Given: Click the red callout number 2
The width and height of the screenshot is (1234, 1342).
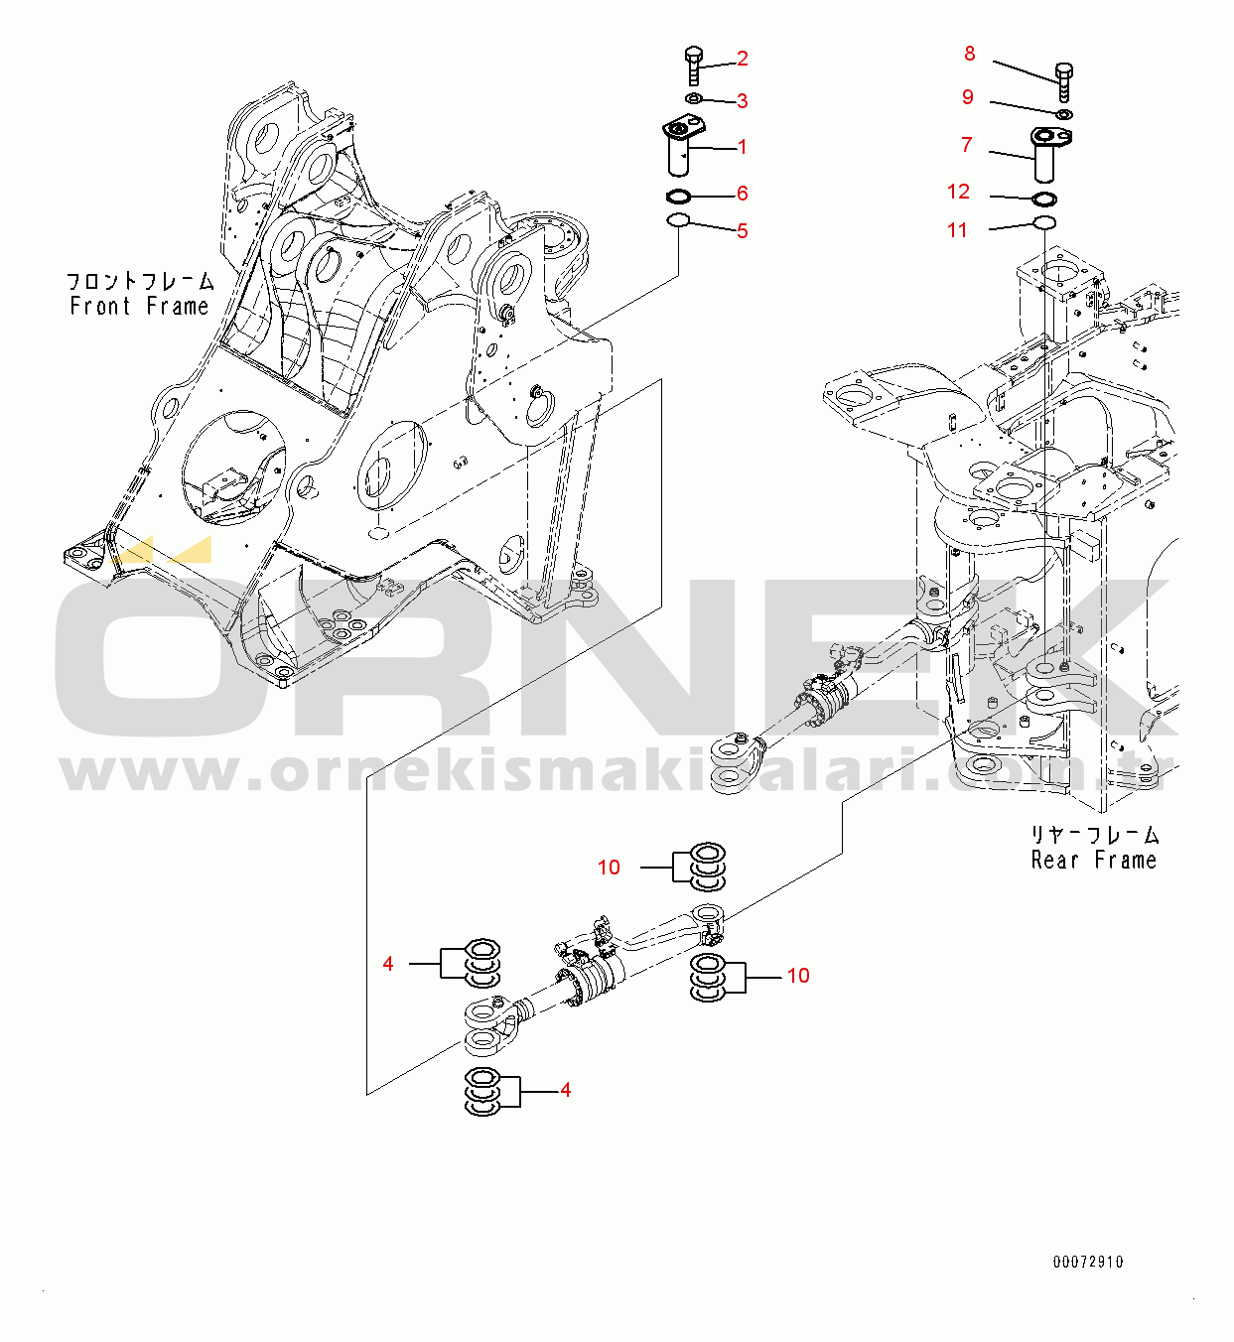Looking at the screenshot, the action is click(743, 59).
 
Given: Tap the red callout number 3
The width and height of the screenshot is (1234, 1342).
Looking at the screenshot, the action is click(743, 101).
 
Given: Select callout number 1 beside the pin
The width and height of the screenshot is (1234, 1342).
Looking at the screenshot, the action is click(743, 147).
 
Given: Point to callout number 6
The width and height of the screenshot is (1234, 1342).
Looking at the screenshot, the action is click(743, 194).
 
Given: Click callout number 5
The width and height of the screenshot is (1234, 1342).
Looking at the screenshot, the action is click(743, 231).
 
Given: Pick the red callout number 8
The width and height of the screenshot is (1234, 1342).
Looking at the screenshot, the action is click(970, 54).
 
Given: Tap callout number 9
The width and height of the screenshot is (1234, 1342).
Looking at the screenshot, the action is click(968, 97).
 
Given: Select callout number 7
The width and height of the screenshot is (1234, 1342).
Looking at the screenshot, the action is click(966, 145).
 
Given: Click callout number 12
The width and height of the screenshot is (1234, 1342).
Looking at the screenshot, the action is click(958, 192).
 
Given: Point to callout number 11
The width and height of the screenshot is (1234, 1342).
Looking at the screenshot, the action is click(957, 230).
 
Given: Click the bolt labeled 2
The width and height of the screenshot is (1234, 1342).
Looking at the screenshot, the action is click(694, 66).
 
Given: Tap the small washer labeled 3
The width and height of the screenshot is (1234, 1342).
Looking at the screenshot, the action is click(693, 99).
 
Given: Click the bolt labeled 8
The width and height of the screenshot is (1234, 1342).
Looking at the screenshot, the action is click(1063, 83).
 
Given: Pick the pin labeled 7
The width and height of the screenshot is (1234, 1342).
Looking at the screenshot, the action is click(1048, 155).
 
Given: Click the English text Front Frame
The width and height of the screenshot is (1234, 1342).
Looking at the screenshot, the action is click(139, 307).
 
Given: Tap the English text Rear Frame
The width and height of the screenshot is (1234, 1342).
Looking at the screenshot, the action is click(1094, 861).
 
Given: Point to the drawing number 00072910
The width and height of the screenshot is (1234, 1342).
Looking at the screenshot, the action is click(1088, 1262).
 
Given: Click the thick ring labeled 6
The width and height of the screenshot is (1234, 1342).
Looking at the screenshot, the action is click(679, 197).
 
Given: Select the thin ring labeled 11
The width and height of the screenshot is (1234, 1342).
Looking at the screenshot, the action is click(1044, 222).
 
